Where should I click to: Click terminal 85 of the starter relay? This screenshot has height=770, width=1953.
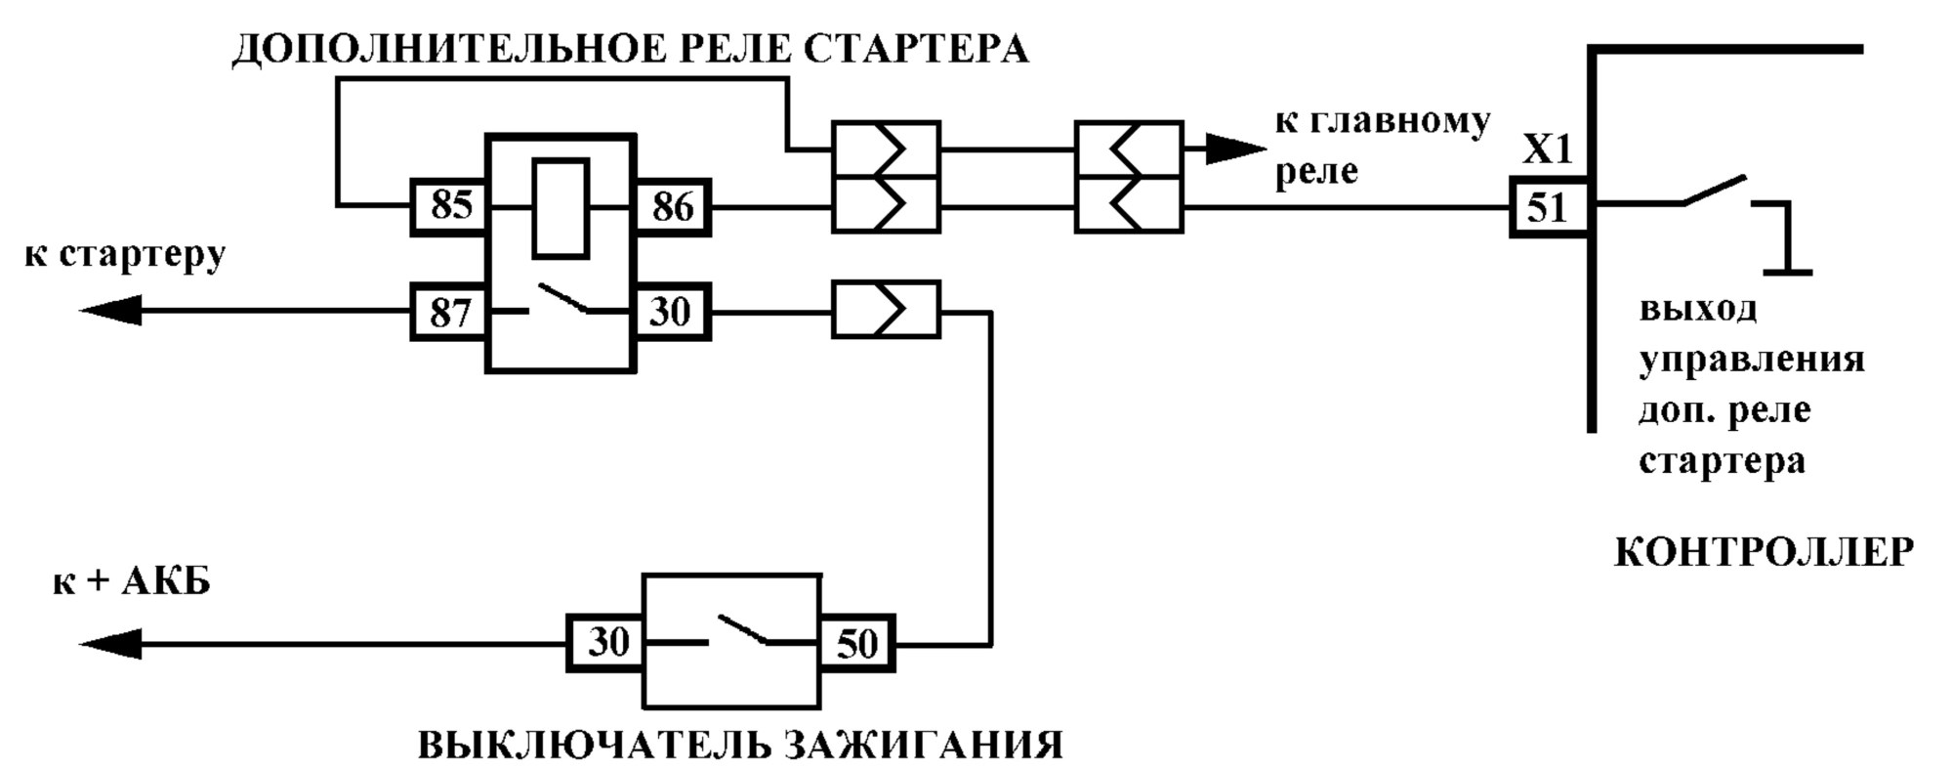point(449,206)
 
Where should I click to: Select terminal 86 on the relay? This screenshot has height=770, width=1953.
point(673,206)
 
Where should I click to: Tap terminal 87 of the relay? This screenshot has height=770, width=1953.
point(449,312)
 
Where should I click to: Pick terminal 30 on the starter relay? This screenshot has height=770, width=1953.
point(673,312)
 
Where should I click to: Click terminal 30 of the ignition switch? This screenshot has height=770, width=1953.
point(606,642)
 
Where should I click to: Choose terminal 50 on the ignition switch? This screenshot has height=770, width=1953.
point(857,642)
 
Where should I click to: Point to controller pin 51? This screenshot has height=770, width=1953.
point(1549,206)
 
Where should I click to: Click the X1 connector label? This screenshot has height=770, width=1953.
point(1549,150)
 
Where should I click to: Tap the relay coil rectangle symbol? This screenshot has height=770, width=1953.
point(561,207)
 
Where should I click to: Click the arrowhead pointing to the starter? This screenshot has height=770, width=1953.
point(109,312)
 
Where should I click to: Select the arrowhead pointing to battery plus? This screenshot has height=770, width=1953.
point(109,645)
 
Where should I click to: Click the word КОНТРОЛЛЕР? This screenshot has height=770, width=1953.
point(1764,553)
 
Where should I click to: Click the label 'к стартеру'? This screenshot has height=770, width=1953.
point(125,256)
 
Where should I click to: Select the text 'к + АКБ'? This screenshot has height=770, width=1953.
point(131,582)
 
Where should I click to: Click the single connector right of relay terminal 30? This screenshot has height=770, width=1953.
point(886,311)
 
